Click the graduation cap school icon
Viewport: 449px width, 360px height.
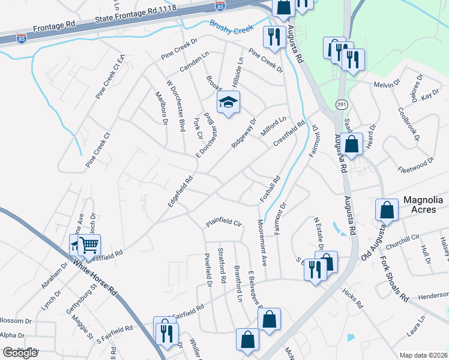point(228,103)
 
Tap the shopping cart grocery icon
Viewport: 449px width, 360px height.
point(89,244)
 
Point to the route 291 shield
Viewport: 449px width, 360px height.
point(341,104)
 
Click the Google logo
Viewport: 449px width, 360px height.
point(20,353)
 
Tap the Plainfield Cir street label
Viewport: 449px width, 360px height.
point(223,223)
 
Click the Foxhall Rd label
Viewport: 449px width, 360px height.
point(270,188)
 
